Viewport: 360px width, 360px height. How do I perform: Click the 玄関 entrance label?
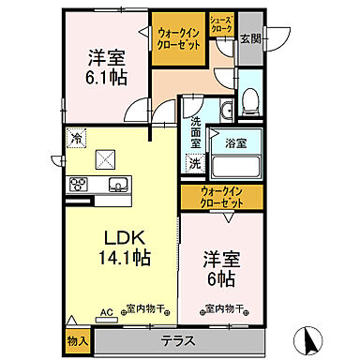pos(250,37)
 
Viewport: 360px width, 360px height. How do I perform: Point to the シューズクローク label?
pos(220,23)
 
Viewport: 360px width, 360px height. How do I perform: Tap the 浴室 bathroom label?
pos(234,143)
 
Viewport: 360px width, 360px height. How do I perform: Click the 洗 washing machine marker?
pos(194,164)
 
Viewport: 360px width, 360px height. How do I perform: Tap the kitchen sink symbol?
pos(118,184)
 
